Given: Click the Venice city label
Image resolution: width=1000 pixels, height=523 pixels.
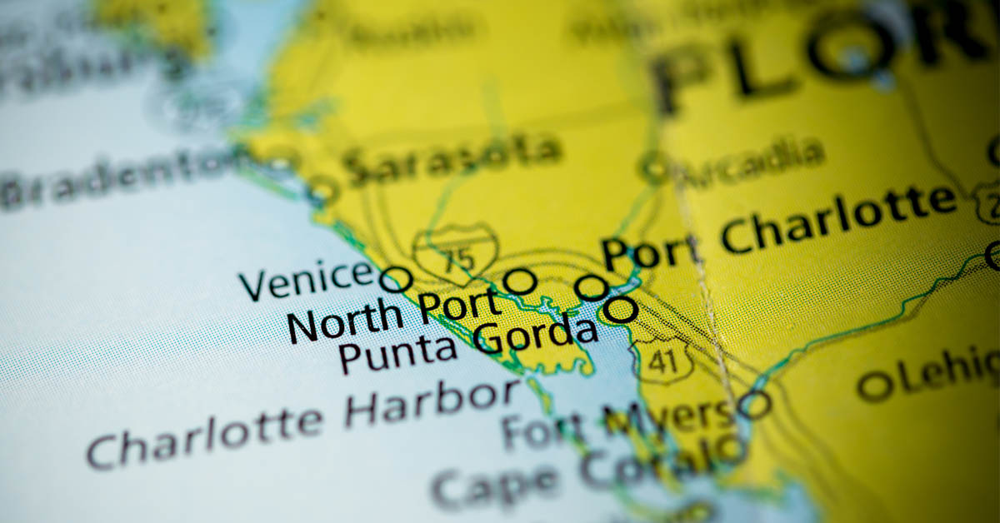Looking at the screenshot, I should pos(305,281).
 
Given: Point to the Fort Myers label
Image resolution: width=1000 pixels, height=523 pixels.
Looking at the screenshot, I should pos(617,421).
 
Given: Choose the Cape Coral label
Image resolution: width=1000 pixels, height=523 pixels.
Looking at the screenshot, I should pos(575,473).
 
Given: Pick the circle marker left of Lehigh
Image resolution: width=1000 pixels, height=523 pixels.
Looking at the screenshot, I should pos(875,386).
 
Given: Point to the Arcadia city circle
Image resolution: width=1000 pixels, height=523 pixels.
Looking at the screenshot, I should pos(654,167).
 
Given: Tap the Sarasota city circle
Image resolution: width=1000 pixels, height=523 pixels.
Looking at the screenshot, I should pos(323,191).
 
